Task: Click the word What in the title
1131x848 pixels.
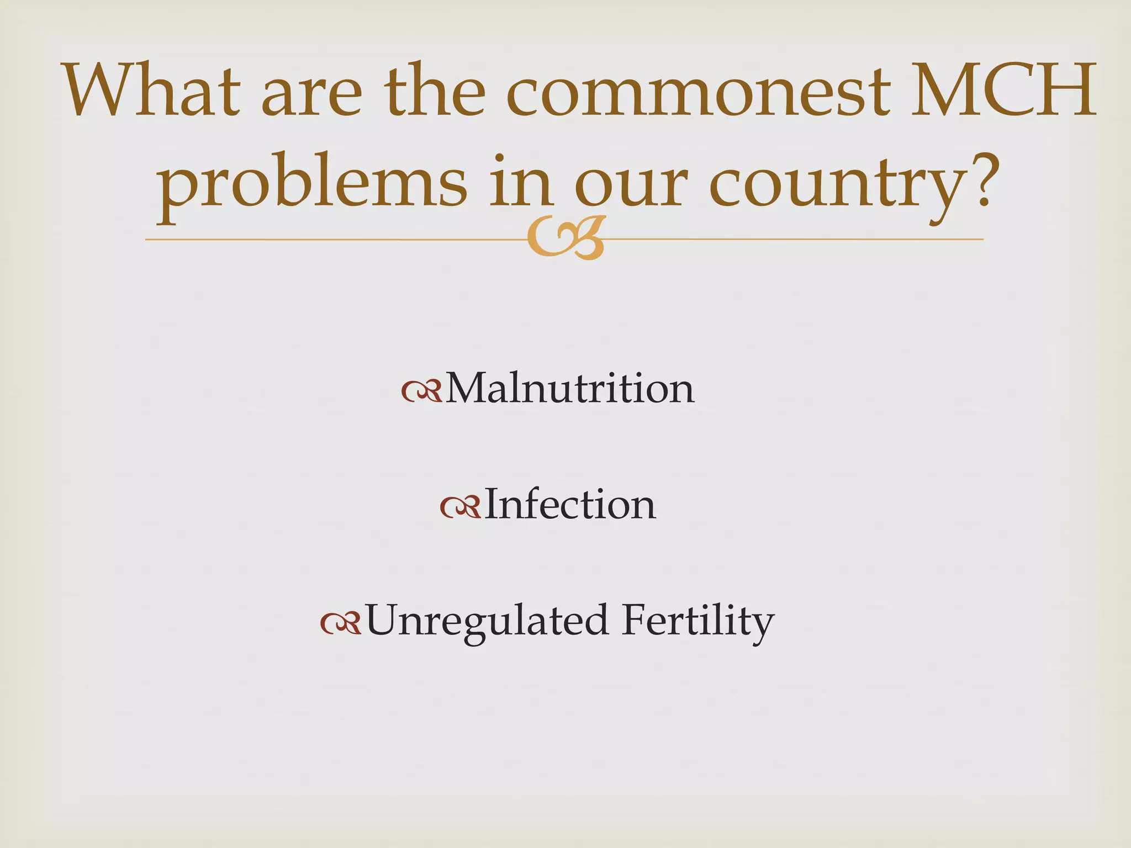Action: point(152,90)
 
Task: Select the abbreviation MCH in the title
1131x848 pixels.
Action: point(1002,90)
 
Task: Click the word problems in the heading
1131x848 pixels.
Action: point(311,182)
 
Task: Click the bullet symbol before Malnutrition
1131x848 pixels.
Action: point(421,391)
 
